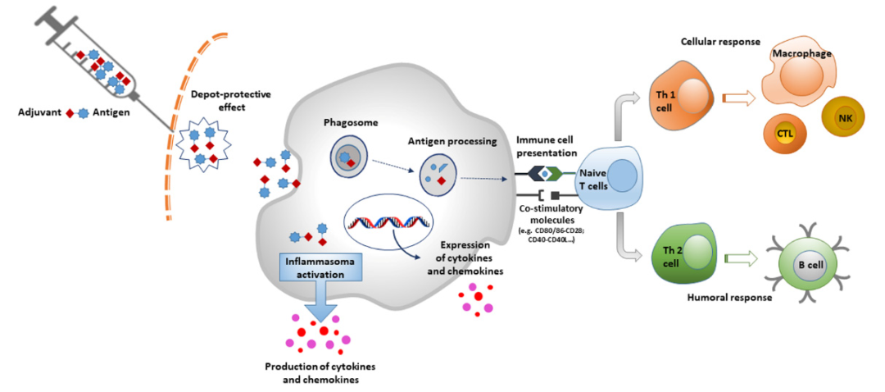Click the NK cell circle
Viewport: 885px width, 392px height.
point(843,120)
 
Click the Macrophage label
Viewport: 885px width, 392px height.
point(802,53)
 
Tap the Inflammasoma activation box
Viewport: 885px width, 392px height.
point(315,268)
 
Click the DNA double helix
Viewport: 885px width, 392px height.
point(388,220)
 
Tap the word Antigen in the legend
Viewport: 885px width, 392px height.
point(111,112)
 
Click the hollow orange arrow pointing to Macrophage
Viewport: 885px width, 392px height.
point(738,99)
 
